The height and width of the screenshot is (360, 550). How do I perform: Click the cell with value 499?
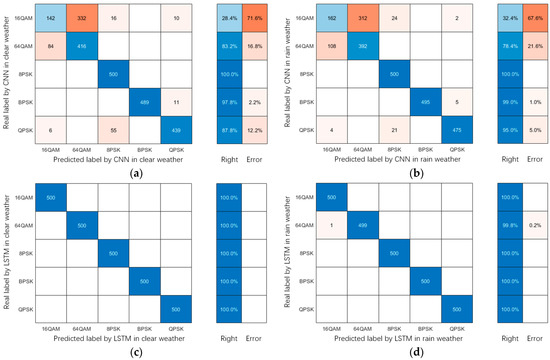355,226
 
